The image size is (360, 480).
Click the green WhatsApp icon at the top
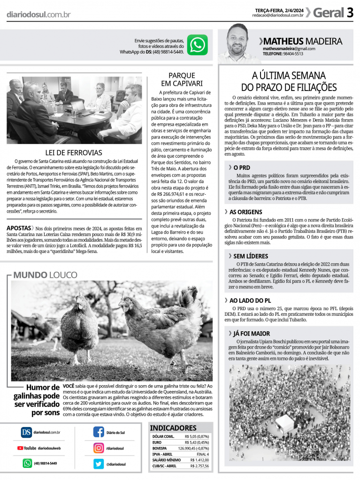click(197, 45)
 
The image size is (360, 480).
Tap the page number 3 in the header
click(350, 13)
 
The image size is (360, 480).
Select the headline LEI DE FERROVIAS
click(74, 152)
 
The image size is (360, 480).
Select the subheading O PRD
click(241, 167)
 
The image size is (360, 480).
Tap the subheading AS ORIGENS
click(245, 212)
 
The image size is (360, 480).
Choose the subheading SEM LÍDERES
click(251, 256)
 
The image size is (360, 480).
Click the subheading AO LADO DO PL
click(250, 300)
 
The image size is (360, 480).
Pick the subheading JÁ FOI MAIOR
click(252, 334)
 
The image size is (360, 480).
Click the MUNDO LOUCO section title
click(45, 275)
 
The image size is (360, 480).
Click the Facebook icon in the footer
click(99, 432)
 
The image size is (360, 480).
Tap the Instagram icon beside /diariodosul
click(99, 448)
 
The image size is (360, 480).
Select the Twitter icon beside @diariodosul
click(99, 464)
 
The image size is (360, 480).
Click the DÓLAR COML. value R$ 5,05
click(197, 436)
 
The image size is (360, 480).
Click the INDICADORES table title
click(173, 428)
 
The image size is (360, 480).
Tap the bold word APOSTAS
click(19, 228)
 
